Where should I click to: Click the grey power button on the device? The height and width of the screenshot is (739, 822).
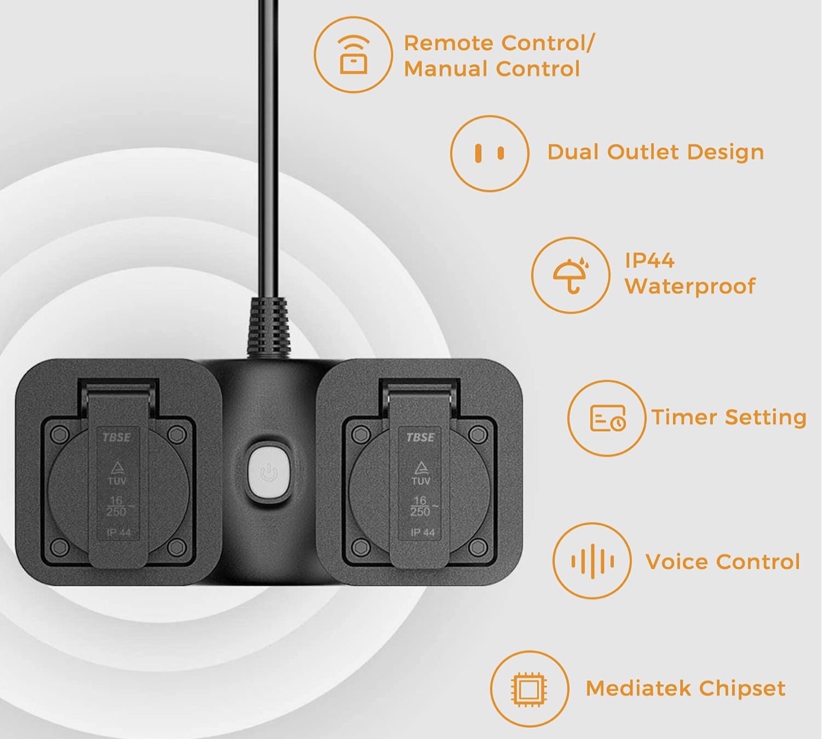tap(269, 474)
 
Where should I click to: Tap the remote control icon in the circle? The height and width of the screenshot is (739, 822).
tap(353, 54)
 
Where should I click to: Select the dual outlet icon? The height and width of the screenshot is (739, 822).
tap(489, 153)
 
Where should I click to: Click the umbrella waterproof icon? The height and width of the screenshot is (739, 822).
tap(570, 275)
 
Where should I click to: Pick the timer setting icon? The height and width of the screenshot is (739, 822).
tap(607, 418)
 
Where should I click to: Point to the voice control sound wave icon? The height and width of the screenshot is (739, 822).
tap(593, 561)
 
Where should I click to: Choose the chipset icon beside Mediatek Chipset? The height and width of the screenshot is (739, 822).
tap(529, 690)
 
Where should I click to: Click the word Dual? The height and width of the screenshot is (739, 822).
tap(574, 152)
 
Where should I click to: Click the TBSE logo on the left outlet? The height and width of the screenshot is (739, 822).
tap(116, 437)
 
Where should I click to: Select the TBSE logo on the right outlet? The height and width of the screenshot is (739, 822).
tap(420, 437)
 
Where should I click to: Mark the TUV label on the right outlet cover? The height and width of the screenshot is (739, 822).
tap(420, 480)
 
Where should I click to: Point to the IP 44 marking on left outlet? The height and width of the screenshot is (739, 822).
tap(118, 532)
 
